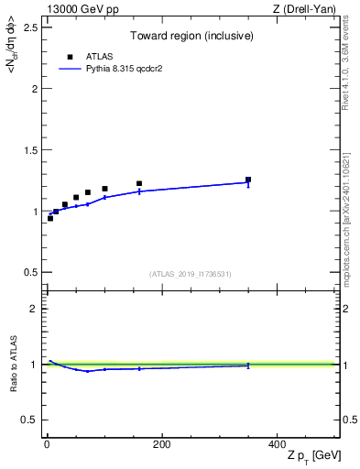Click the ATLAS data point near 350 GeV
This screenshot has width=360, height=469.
tap(247, 180)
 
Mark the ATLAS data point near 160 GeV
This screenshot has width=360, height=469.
tap(139, 184)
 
